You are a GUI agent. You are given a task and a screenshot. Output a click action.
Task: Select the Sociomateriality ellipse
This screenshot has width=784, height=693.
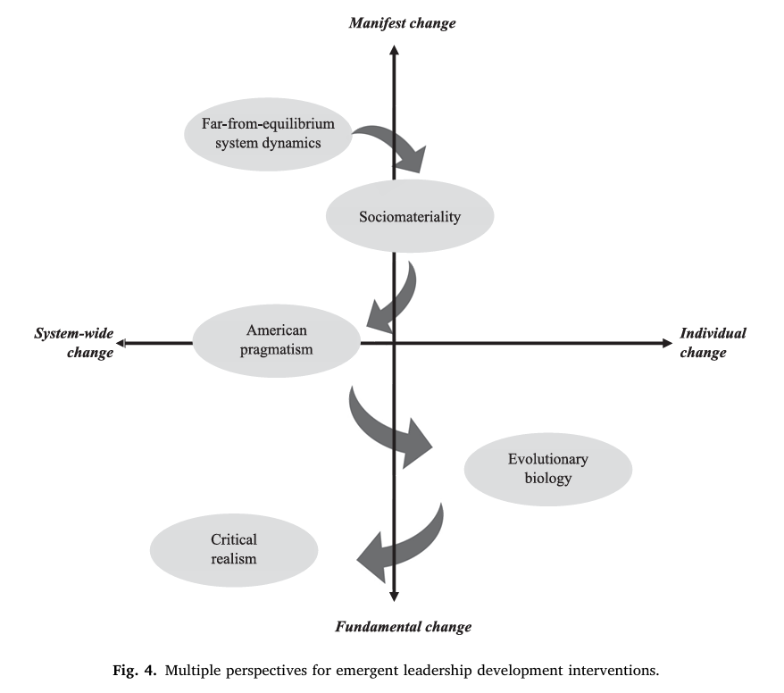point(409,217)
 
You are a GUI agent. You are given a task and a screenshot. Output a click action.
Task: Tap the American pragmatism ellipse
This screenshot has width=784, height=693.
point(276,340)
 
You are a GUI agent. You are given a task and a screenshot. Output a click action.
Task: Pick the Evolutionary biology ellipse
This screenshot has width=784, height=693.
point(547,469)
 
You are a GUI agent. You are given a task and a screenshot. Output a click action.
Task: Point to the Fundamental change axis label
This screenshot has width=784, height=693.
point(403,627)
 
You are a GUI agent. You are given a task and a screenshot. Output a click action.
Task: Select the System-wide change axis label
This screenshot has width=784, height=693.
point(74,343)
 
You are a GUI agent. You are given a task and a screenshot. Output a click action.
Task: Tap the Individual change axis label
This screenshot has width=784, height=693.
point(713,343)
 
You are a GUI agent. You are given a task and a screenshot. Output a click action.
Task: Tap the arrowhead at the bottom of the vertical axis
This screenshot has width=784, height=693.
point(394,597)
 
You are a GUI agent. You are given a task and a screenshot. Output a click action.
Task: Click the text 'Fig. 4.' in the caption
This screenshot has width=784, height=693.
point(154,669)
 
